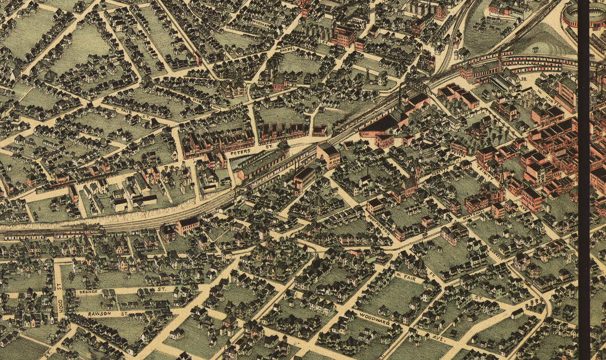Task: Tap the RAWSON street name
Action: (x=99, y=314)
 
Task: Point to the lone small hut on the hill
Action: (x=536, y=49)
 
